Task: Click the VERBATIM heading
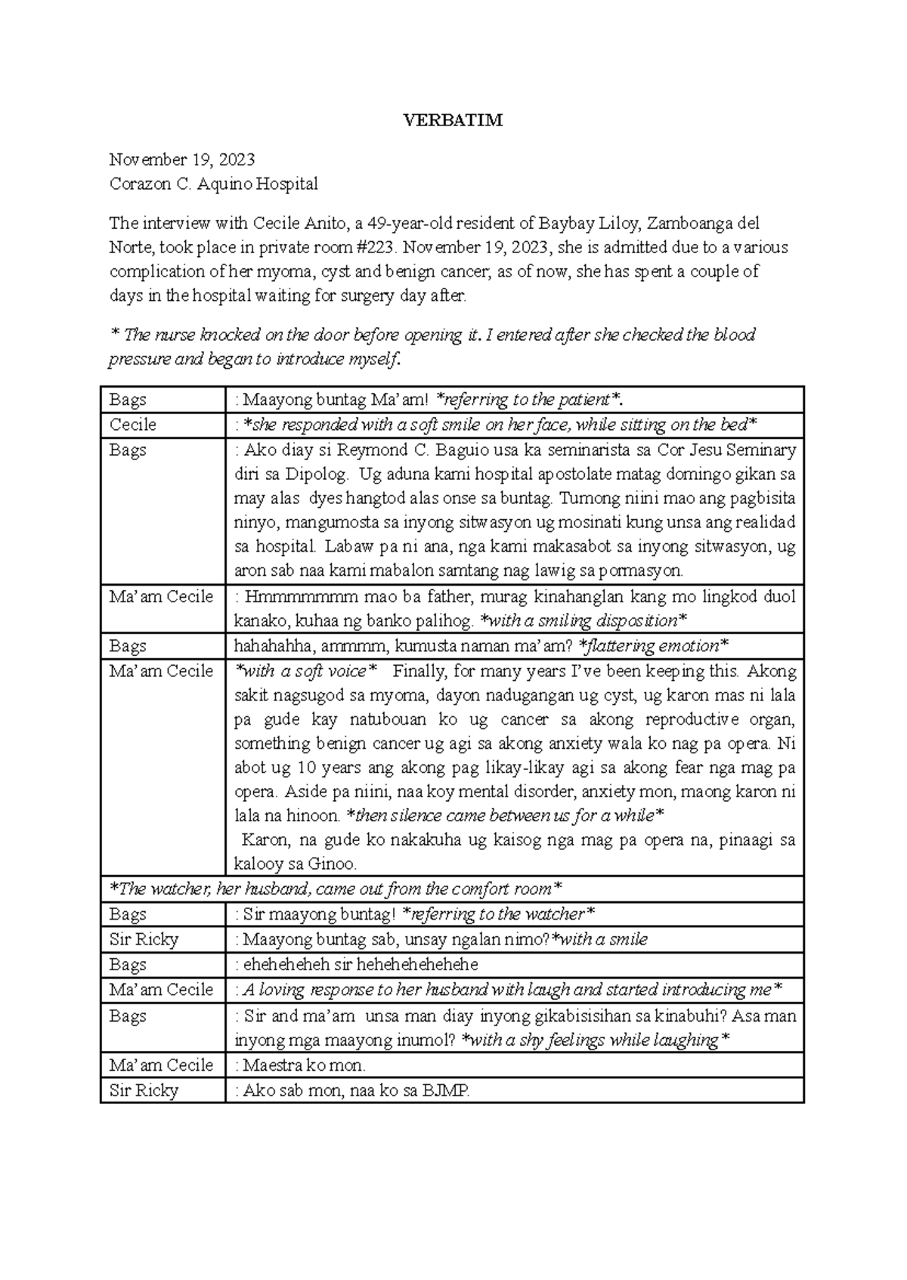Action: [453, 121]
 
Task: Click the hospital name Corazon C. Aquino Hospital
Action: [213, 184]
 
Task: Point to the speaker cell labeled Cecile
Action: [133, 425]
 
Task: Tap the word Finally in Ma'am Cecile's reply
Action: [421, 671]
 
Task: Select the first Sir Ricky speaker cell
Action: [144, 939]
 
